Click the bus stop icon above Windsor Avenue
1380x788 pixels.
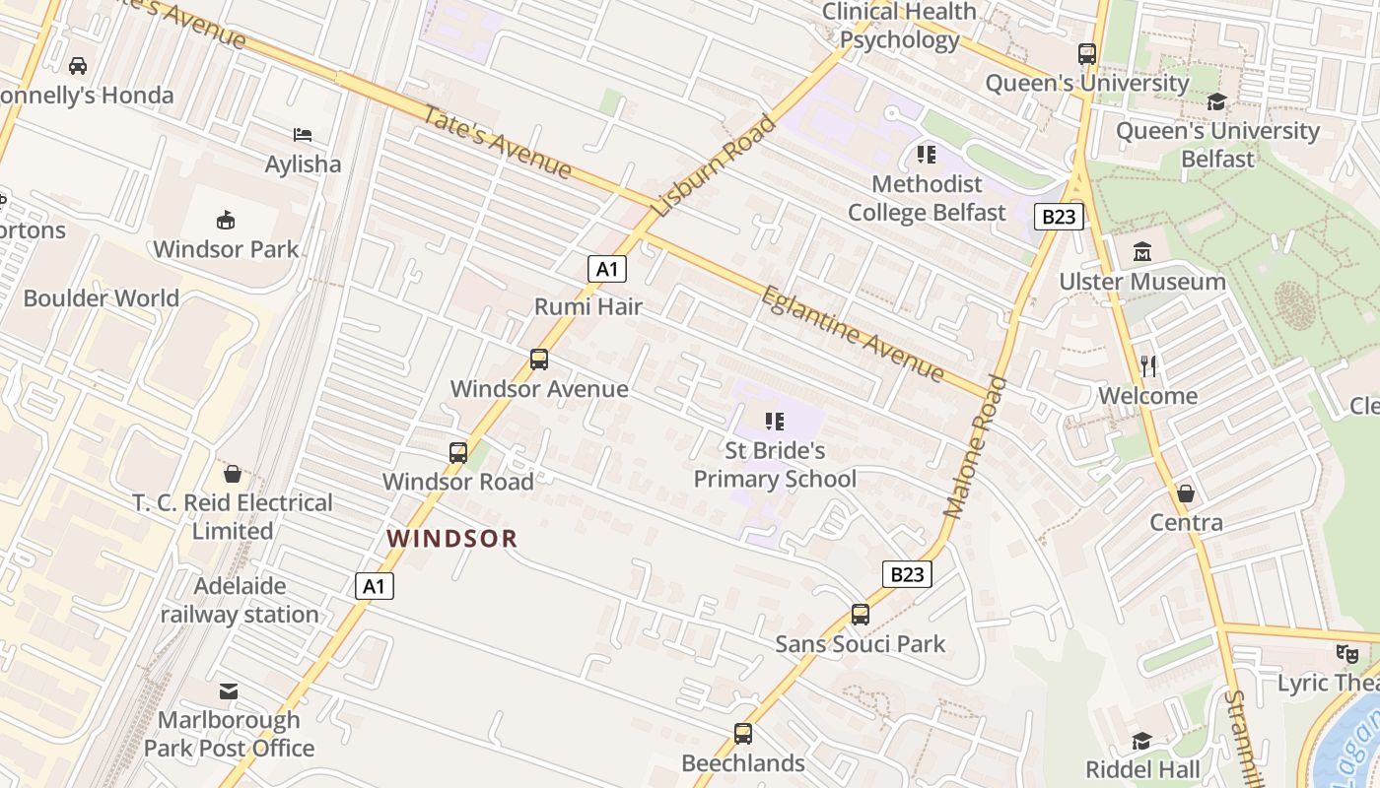[x=538, y=360]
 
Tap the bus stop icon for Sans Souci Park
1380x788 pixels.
[x=860, y=615]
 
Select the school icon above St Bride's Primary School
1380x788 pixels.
[x=775, y=422]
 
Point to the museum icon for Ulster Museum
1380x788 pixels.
[x=1142, y=252]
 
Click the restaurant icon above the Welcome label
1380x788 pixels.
[x=1147, y=366]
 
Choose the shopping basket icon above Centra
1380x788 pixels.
[x=1186, y=493]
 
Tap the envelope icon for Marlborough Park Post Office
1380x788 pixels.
[x=229, y=690]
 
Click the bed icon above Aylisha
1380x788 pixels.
[x=303, y=135]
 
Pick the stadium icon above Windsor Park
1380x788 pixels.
[x=226, y=220]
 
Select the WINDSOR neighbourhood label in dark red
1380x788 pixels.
[x=451, y=539]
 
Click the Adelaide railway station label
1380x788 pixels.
[x=240, y=600]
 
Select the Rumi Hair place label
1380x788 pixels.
[x=587, y=306]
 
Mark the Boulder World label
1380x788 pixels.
[x=101, y=298]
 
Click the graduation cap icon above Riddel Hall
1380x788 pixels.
[x=1141, y=740]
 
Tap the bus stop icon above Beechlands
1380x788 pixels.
[x=742, y=734]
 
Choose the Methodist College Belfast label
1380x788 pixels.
[x=927, y=198]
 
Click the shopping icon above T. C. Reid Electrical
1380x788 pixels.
[x=233, y=474]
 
